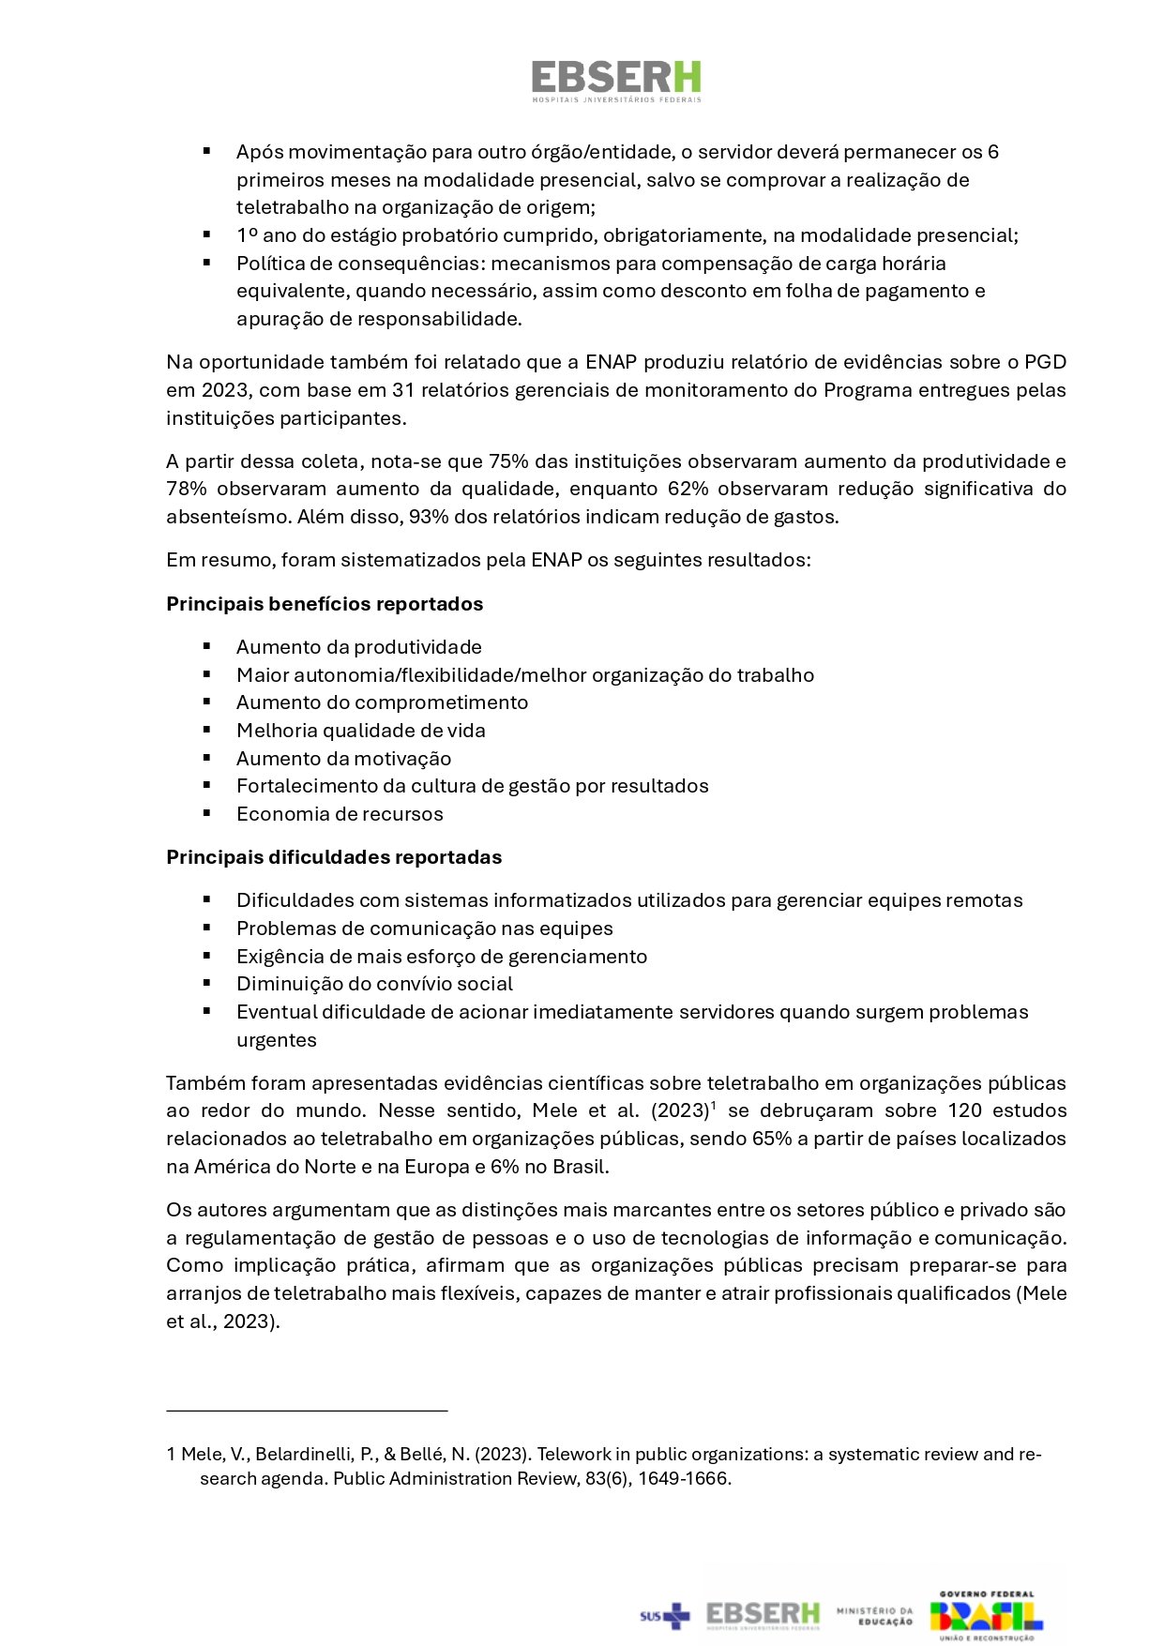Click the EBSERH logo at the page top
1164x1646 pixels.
(x=615, y=81)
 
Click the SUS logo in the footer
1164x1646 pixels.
(x=664, y=1615)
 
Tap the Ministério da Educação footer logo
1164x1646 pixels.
(x=874, y=1615)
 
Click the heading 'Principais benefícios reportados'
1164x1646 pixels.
(x=325, y=604)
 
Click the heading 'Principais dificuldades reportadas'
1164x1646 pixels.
(x=334, y=857)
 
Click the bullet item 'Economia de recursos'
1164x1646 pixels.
(x=340, y=814)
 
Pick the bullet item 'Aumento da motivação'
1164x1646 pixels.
(x=343, y=759)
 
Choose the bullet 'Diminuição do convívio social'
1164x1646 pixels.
(x=374, y=984)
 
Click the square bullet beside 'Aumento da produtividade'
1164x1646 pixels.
(x=206, y=646)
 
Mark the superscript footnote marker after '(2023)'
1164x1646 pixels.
(x=714, y=1105)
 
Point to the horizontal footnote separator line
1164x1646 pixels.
(x=307, y=1410)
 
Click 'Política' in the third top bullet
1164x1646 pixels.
(x=265, y=264)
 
